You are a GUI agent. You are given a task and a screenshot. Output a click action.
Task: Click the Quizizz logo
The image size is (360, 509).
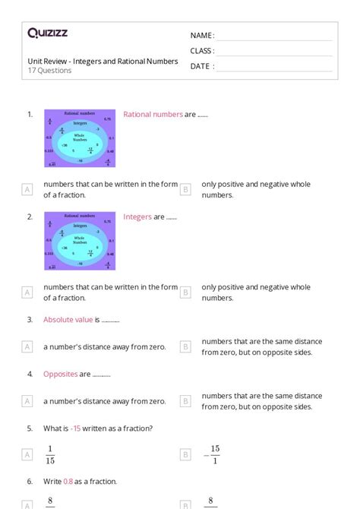47,33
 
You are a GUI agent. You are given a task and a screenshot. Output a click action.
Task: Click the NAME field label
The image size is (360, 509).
202,36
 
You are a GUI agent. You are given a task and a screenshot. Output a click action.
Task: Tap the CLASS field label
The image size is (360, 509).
202,51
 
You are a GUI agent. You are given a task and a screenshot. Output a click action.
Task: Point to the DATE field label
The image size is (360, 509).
201,66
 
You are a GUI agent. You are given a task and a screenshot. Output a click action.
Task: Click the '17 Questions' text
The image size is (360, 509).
50,71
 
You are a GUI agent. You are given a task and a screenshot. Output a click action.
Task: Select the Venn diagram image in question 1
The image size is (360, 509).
80,138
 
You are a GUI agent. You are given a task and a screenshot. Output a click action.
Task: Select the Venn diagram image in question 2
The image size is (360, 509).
80,241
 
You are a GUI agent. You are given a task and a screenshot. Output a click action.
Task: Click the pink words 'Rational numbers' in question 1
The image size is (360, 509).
153,115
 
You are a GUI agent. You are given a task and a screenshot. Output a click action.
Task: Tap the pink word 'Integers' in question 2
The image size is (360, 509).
137,217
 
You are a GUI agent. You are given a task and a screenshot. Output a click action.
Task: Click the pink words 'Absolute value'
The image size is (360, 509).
68,320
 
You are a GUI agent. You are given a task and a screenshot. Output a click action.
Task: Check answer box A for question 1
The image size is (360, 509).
27,189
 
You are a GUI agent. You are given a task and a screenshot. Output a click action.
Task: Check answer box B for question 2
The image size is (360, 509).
185,292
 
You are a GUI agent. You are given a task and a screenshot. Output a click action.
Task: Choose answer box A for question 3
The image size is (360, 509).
27,346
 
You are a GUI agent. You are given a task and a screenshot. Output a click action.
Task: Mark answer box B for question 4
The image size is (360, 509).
185,401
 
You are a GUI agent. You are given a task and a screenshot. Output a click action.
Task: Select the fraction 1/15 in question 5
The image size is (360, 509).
51,454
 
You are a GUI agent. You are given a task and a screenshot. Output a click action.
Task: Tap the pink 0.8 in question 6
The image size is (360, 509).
69,482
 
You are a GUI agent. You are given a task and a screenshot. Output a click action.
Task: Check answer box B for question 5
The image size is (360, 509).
185,455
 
